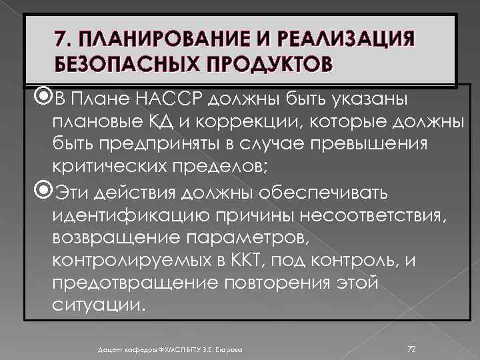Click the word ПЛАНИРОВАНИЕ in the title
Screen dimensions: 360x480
pos(145,39)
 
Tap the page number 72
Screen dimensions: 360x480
pos(411,349)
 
